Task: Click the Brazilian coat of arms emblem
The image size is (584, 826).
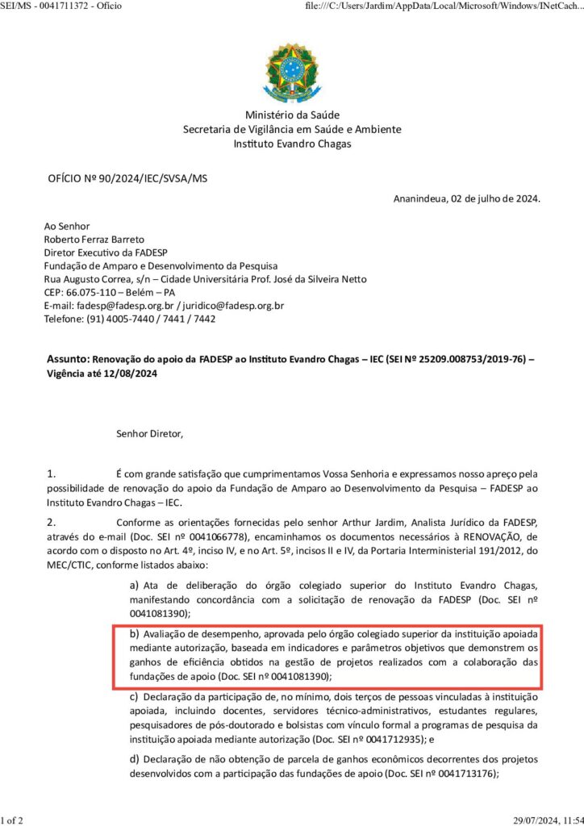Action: tap(292, 73)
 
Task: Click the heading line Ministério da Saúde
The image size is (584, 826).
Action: tap(292, 115)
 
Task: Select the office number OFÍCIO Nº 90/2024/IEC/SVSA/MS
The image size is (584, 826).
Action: tap(127, 177)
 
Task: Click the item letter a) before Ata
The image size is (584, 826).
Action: tap(135, 584)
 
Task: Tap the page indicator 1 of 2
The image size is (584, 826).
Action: tap(12, 820)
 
